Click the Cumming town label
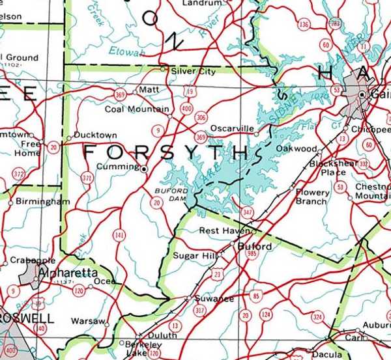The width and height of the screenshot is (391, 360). click(x=117, y=167)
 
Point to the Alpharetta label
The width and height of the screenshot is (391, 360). click(x=68, y=272)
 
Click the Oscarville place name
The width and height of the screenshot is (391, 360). click(x=232, y=129)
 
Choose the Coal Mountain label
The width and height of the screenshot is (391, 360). click(x=137, y=109)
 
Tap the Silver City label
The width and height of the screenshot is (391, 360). click(x=193, y=71)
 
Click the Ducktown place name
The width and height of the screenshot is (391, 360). click(x=95, y=135)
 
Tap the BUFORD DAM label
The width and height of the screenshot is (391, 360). click(x=171, y=194)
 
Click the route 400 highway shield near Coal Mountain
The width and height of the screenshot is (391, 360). click(x=187, y=108)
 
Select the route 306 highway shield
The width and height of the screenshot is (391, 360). click(x=201, y=118)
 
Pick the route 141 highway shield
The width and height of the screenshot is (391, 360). click(x=119, y=235)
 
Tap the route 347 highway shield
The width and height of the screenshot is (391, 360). click(x=246, y=212)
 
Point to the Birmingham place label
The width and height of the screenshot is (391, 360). click(x=42, y=202)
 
